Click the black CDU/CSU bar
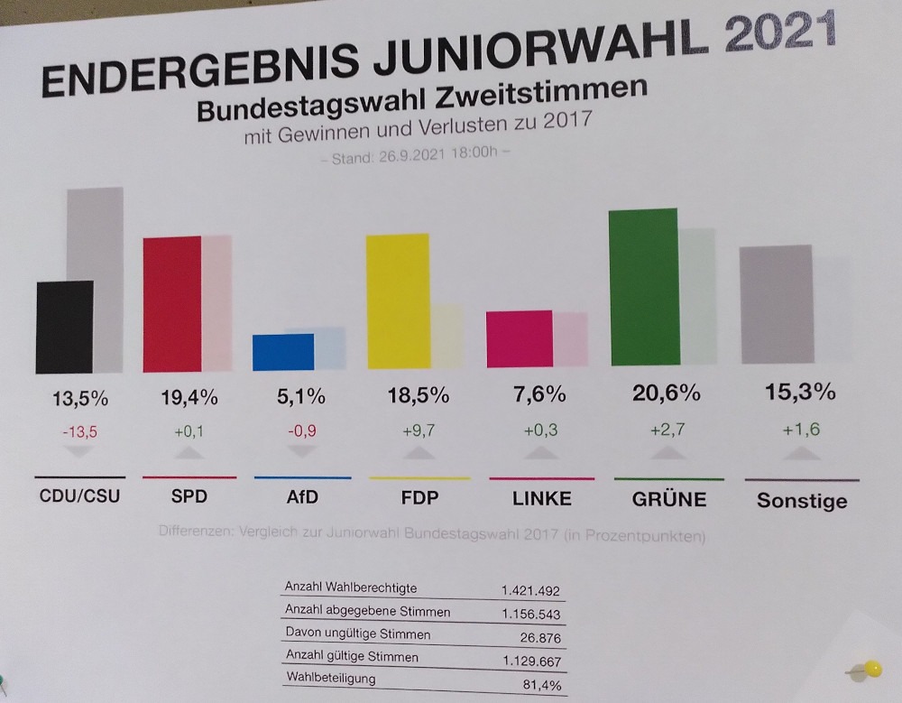(64, 327)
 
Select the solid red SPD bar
(171, 303)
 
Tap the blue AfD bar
(283, 352)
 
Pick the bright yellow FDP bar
(397, 301)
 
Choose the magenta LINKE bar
(519, 338)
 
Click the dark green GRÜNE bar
(643, 287)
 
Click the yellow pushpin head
(872, 669)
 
